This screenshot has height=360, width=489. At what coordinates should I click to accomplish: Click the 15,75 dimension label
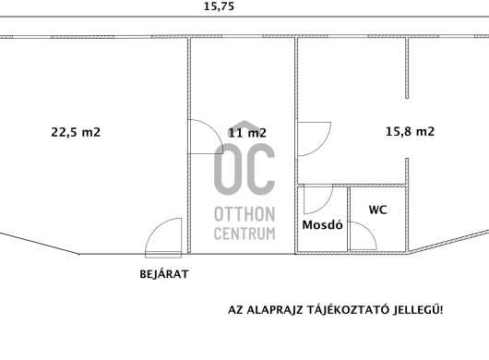(219, 6)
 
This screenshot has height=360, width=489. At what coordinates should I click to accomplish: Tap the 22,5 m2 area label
(76, 132)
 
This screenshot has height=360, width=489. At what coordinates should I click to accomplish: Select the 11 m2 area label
(247, 133)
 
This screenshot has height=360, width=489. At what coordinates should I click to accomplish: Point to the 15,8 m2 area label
(410, 131)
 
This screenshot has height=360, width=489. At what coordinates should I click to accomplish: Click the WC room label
(378, 210)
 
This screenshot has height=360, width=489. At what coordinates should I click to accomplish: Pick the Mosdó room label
(323, 224)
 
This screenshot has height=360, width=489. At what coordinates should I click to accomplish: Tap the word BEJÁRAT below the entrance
(164, 274)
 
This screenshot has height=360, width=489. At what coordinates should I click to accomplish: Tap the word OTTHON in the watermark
(244, 214)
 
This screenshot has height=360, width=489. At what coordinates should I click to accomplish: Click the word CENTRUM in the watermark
(244, 234)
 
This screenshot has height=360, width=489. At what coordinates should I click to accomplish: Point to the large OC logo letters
(244, 169)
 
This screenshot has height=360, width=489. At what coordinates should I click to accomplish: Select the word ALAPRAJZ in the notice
(274, 310)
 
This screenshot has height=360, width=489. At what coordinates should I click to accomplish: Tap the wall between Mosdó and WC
(349, 219)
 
